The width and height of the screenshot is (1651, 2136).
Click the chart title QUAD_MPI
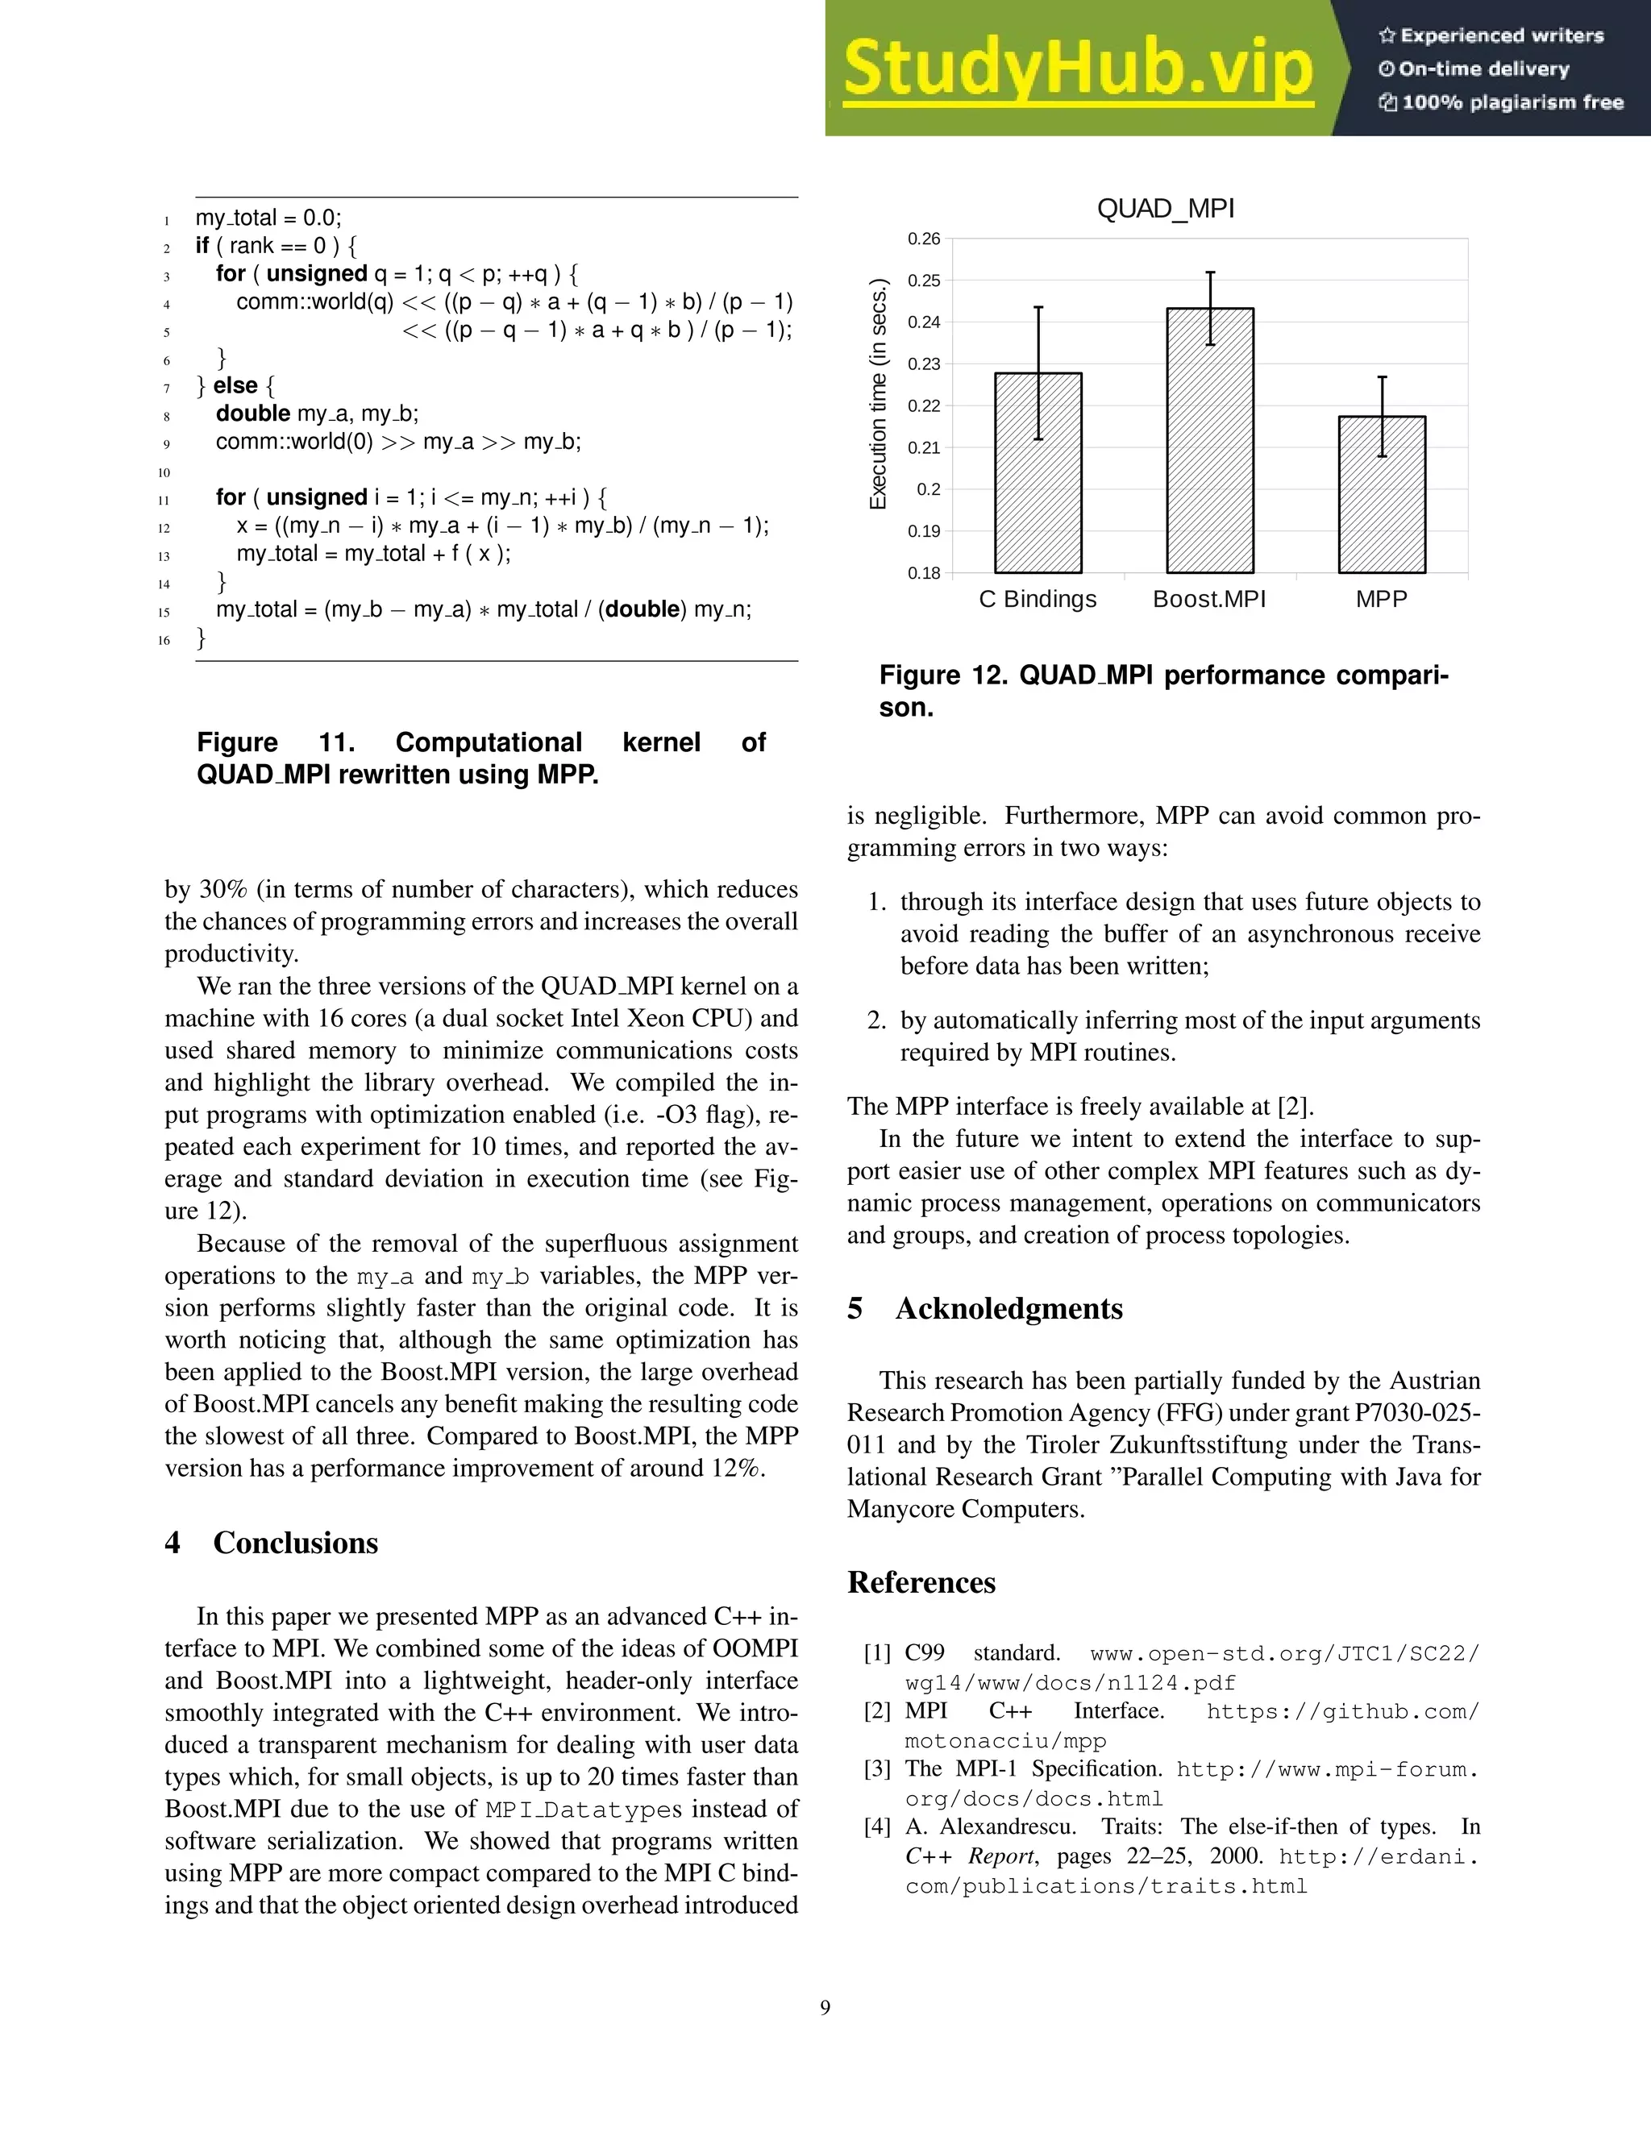click(x=1165, y=210)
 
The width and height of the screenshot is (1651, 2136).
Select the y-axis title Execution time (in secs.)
click(x=879, y=394)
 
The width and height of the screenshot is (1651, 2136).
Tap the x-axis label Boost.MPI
click(x=1209, y=600)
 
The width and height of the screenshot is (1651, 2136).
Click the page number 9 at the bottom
click(x=825, y=2008)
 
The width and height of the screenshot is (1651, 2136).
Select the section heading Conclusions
click(x=295, y=1542)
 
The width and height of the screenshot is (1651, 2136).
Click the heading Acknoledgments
click(x=1008, y=1308)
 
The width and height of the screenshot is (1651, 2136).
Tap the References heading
click(x=921, y=1582)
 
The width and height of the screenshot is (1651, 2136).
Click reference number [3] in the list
click(x=876, y=1768)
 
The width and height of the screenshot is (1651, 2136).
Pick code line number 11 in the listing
click(x=164, y=500)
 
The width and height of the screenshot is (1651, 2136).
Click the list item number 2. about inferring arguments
click(x=876, y=1021)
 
